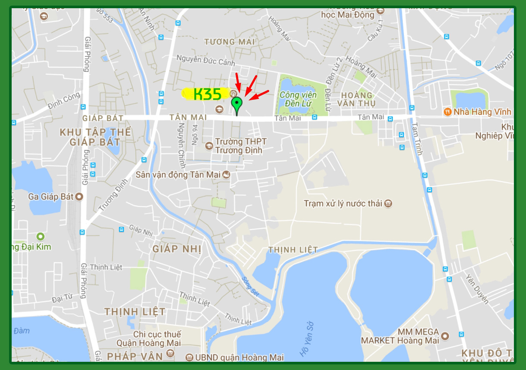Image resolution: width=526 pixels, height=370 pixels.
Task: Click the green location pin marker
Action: (236, 104)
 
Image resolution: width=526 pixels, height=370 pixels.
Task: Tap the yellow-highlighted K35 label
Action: (207, 94)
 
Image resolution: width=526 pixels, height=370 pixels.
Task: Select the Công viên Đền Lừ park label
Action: (298, 99)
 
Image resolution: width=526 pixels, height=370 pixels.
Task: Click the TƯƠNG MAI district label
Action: (230, 42)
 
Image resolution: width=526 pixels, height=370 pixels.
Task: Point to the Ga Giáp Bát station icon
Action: (79, 197)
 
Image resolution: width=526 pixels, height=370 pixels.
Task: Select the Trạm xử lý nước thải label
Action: (343, 203)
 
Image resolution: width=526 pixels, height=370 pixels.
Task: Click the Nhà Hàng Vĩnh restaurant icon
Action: (447, 112)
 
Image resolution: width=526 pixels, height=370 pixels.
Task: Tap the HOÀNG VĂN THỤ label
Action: (358, 99)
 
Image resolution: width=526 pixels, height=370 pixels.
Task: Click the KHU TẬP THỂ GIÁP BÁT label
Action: (95, 137)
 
